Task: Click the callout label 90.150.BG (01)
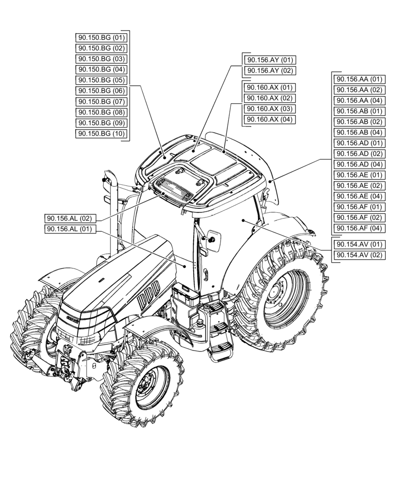tap(102, 38)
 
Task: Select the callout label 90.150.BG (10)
tap(102, 134)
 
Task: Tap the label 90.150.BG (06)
tap(102, 91)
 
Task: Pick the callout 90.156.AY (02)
tap(269, 71)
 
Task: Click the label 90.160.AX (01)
tap(269, 88)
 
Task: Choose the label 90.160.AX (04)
tap(269, 120)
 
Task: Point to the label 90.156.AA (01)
tap(358, 79)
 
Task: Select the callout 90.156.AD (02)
tap(358, 154)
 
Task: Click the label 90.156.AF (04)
tap(358, 228)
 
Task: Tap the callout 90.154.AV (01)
tap(358, 244)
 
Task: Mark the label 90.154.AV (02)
tap(358, 255)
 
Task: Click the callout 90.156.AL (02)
tap(70, 219)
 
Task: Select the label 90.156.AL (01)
tap(70, 229)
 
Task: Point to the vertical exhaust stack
tap(111, 210)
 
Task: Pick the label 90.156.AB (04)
tap(358, 133)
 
